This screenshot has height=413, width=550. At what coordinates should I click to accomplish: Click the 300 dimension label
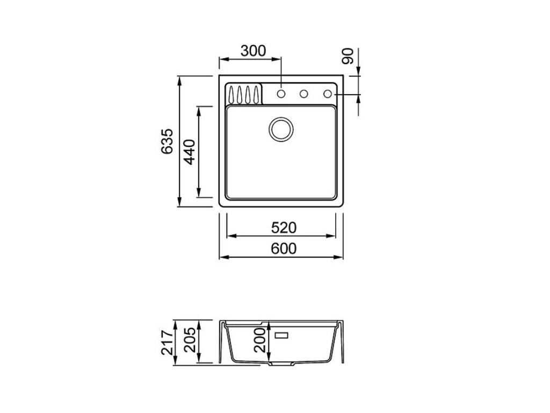(x=253, y=51)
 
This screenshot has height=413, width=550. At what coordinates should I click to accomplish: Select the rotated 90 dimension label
(x=349, y=56)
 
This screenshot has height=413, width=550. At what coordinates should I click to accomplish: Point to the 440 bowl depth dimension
(x=189, y=152)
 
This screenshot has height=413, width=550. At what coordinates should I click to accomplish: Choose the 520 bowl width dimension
(x=283, y=228)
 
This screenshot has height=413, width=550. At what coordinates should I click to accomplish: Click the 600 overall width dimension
(x=283, y=248)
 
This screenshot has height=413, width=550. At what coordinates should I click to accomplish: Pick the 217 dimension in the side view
(x=167, y=343)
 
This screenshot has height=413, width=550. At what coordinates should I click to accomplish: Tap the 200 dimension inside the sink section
(x=260, y=341)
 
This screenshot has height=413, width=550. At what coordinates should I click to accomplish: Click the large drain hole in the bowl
(x=280, y=129)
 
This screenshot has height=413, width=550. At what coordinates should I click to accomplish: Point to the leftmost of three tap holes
(x=281, y=94)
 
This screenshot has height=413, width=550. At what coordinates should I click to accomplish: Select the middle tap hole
(x=303, y=94)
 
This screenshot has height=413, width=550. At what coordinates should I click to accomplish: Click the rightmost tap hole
(x=327, y=94)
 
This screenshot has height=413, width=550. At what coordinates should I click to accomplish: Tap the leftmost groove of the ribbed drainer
(x=231, y=94)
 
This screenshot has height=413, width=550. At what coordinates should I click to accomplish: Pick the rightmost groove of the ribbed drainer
(x=256, y=94)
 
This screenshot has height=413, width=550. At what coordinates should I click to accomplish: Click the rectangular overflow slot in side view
(x=281, y=335)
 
